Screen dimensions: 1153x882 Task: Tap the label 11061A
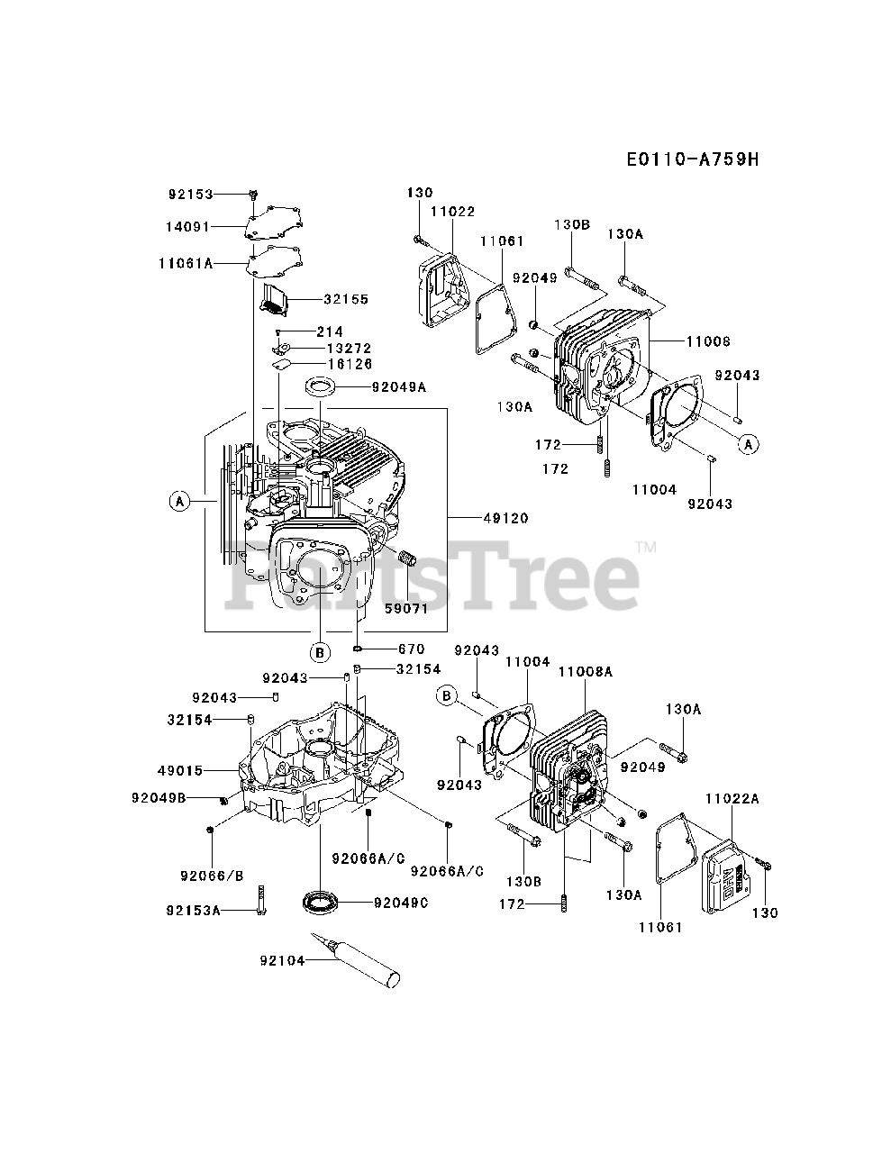click(x=186, y=263)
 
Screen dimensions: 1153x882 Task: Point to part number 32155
click(x=322, y=298)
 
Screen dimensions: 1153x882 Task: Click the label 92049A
click(x=399, y=387)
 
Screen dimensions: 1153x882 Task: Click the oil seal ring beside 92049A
click(x=321, y=387)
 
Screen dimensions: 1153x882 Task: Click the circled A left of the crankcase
click(x=180, y=501)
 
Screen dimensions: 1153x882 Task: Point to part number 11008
click(x=707, y=342)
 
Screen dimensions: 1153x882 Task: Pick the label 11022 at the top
click(x=451, y=210)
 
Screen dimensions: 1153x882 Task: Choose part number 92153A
click(x=193, y=910)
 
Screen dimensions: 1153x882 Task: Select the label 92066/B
click(x=212, y=875)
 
